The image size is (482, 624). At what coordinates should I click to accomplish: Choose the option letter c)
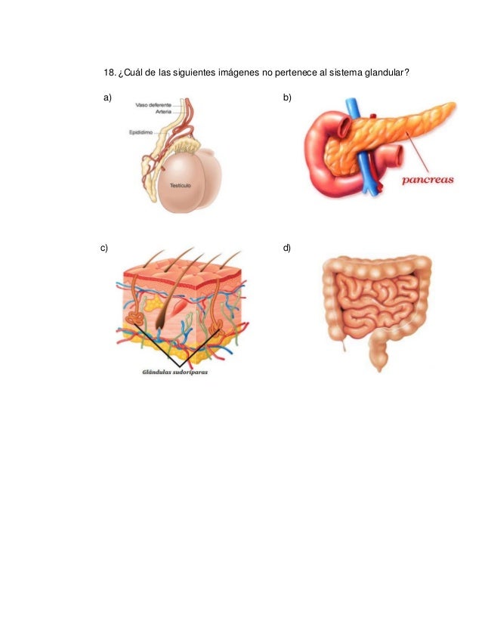pyautogui.click(x=104, y=247)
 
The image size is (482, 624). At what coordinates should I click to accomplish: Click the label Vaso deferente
pyautogui.click(x=153, y=104)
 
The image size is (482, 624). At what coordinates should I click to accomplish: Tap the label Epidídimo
pyautogui.click(x=141, y=130)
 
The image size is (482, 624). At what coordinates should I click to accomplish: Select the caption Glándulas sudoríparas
pyautogui.click(x=175, y=372)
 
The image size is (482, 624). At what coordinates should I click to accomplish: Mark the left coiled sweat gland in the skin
pyautogui.click(x=134, y=318)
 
